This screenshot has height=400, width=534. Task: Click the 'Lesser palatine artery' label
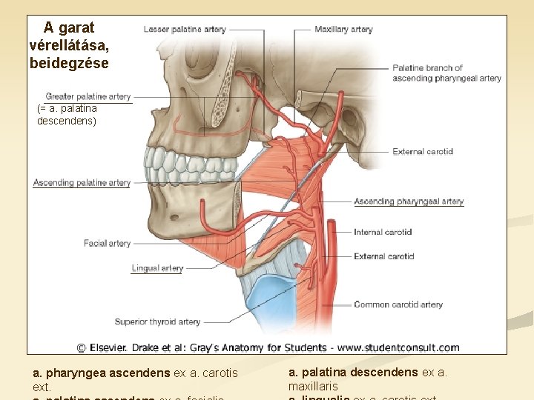[x=185, y=30]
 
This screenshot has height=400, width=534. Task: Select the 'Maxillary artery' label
[x=343, y=30]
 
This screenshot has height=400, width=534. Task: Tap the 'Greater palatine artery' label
[x=88, y=96]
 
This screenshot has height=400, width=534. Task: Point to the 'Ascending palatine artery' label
[x=82, y=183]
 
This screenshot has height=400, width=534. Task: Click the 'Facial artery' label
[x=107, y=243]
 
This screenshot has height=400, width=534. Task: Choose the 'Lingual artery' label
[x=157, y=268]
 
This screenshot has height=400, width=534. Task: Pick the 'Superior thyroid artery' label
[x=157, y=321]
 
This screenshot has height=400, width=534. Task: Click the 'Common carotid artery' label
[x=398, y=304]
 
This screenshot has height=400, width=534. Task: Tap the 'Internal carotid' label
[x=383, y=232]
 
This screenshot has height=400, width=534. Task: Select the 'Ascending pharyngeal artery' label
[x=409, y=201]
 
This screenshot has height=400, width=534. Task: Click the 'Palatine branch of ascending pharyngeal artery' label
[x=446, y=73]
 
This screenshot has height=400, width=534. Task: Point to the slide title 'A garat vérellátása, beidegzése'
[x=69, y=46]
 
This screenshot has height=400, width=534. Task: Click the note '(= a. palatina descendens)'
[x=67, y=114]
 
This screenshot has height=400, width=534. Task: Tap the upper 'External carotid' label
[x=423, y=152]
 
